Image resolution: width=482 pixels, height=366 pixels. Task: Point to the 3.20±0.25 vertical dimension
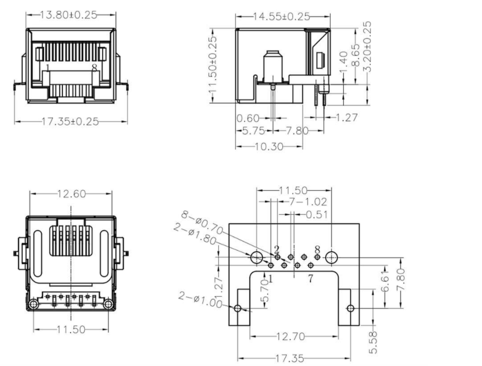[x=367, y=46]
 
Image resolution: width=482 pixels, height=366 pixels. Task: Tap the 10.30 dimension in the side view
[x=269, y=147]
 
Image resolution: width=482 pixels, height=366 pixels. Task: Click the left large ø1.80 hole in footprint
[x=257, y=258]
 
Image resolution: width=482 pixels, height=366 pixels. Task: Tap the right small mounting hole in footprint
[x=350, y=309]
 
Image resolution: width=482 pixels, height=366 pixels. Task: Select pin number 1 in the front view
[x=47, y=68]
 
